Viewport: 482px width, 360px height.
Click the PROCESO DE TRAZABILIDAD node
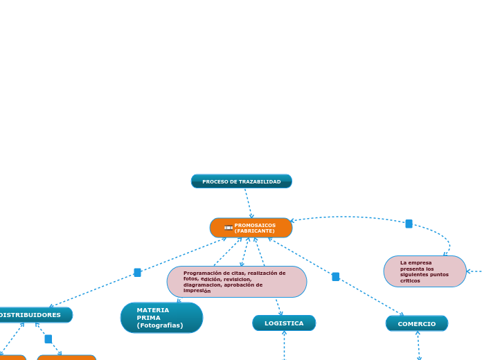pos(242,181)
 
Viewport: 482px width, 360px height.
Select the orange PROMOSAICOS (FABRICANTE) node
pos(251,228)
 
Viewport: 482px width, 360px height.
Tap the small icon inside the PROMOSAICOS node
pos(229,228)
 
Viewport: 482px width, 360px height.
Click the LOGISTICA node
pos(284,323)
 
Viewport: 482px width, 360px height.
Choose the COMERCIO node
pos(417,324)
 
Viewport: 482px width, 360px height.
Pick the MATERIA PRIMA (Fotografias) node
pos(161,318)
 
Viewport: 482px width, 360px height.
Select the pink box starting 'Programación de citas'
pos(237,282)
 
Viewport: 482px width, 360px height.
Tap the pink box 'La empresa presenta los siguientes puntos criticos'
pos(425,271)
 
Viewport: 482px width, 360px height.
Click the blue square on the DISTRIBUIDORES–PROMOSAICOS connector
pos(137,273)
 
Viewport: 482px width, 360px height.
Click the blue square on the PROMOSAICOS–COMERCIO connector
pos(336,277)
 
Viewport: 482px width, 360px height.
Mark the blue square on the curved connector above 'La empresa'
pos(409,224)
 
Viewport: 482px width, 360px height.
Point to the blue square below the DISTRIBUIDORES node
pos(48,339)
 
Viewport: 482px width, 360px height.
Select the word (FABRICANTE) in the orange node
pos(255,231)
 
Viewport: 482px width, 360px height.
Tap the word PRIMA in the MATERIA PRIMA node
pos(148,318)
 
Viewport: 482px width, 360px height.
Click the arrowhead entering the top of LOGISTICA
pos(280,313)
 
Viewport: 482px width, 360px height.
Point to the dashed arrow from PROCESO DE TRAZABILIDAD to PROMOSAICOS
pos(249,204)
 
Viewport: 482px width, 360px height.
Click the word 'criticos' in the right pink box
pos(410,280)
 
